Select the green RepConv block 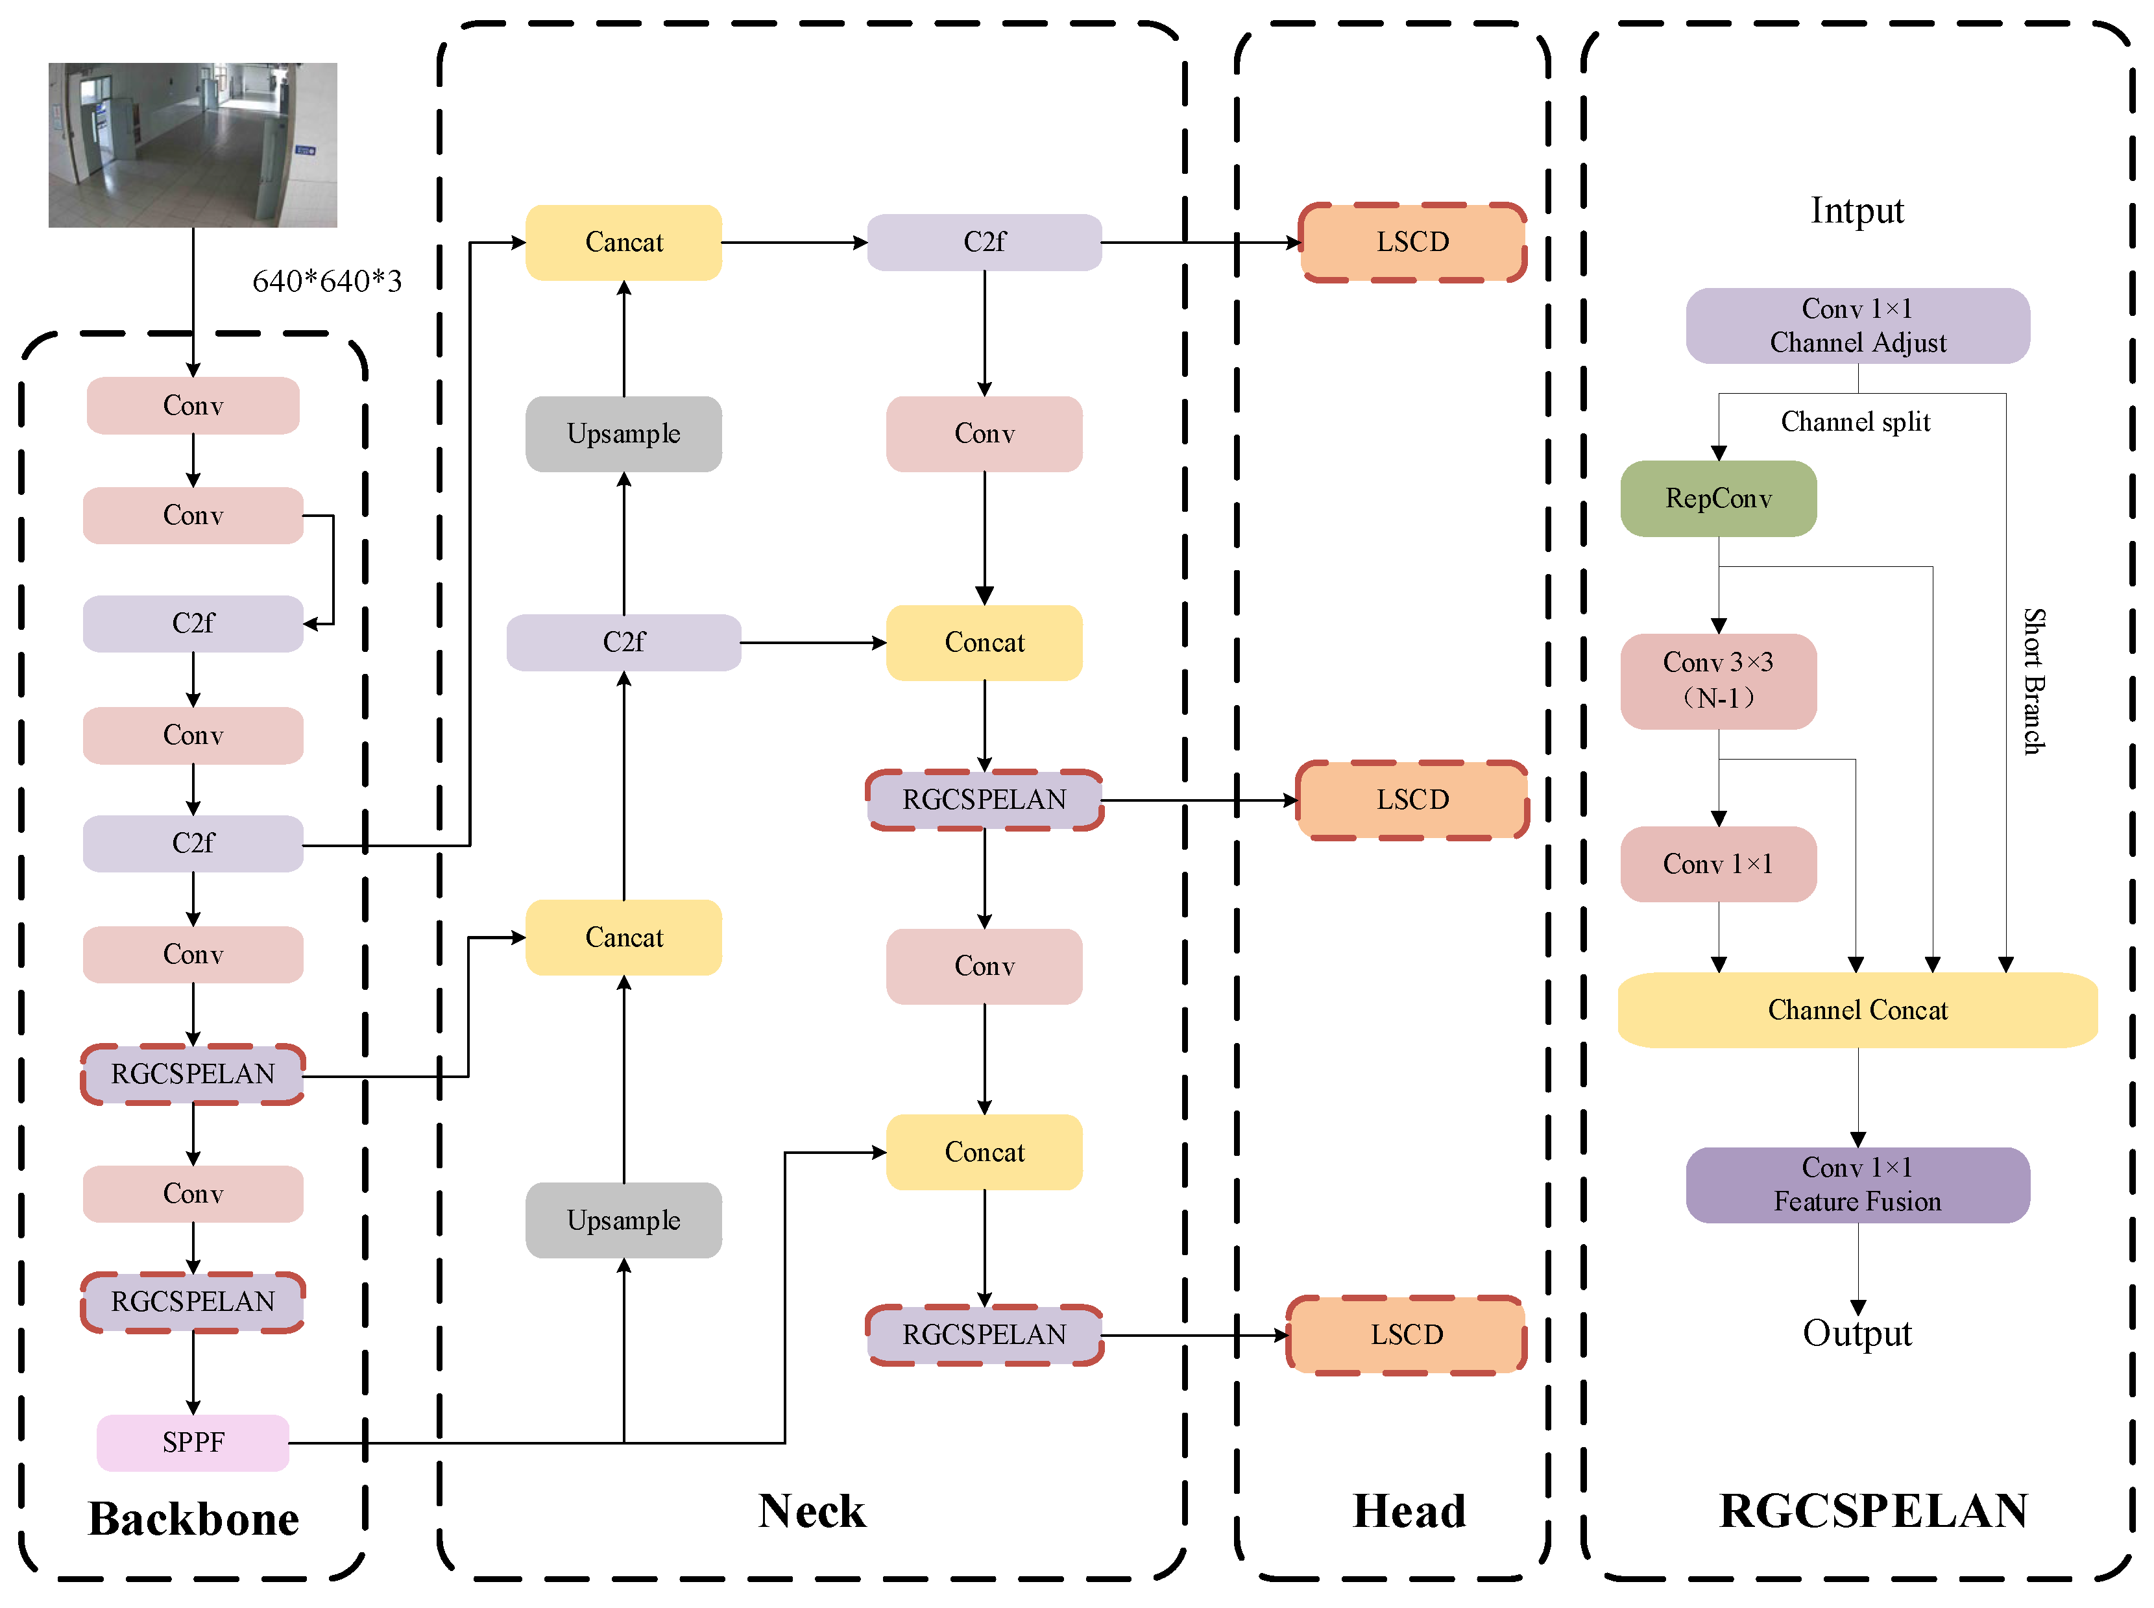[1718, 498]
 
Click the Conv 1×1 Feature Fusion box [1857, 1184]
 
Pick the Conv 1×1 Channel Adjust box [1857, 325]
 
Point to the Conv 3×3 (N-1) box [1718, 680]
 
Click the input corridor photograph [193, 145]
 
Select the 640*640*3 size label [327, 282]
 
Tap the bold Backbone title [194, 1518]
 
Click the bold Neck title [812, 1511]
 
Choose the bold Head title [1409, 1511]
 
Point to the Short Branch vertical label [2034, 681]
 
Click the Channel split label [1855, 422]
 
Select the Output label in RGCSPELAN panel [1857, 1332]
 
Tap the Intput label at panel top [1857, 210]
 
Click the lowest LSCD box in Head [1407, 1334]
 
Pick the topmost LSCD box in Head [1412, 243]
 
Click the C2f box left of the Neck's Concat [624, 642]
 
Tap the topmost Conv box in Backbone [193, 405]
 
